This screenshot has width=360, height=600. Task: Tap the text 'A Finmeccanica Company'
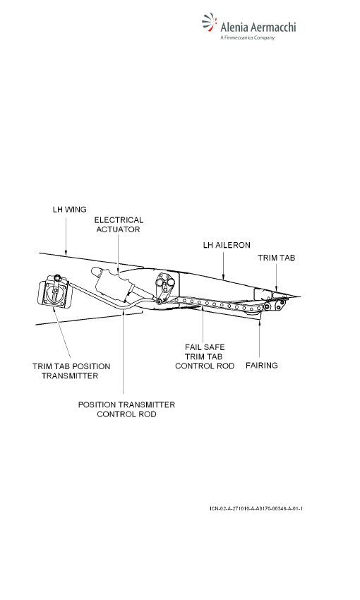pyautogui.click(x=248, y=37)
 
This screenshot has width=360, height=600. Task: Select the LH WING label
pyautogui.click(x=70, y=210)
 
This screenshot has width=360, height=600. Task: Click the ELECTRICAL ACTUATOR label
pyautogui.click(x=119, y=224)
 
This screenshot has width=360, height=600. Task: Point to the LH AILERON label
pyautogui.click(x=227, y=245)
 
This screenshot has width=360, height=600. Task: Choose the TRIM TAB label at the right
pyautogui.click(x=276, y=258)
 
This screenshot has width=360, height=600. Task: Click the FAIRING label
pyautogui.click(x=262, y=366)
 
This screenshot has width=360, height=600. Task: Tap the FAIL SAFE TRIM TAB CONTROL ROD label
pyautogui.click(x=205, y=356)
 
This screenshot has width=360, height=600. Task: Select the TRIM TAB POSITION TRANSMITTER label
pyautogui.click(x=71, y=371)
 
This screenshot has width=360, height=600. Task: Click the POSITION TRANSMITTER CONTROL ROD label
pyautogui.click(x=126, y=409)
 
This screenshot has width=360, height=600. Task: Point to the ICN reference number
pyautogui.click(x=256, y=508)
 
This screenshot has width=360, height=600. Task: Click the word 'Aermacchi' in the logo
pyautogui.click(x=276, y=27)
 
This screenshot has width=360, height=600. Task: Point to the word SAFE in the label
pyautogui.click(x=215, y=347)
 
